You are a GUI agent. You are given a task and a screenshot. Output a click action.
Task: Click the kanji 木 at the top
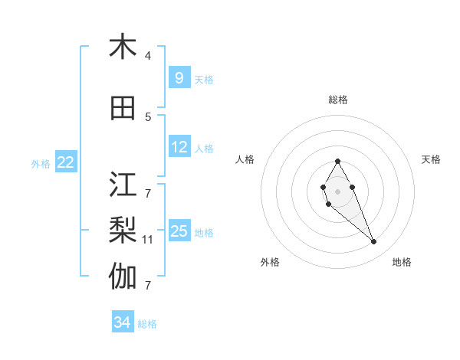[123, 47]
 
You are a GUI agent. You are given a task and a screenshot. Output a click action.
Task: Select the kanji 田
[123, 109]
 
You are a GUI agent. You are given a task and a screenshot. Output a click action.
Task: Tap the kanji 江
[123, 185]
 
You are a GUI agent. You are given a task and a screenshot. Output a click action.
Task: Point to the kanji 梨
[123, 230]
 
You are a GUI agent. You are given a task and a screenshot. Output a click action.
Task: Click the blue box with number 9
[179, 77]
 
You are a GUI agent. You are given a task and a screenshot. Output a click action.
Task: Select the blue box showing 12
[179, 147]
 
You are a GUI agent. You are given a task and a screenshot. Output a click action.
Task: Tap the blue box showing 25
[179, 231]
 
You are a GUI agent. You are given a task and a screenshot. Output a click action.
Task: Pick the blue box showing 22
[66, 162]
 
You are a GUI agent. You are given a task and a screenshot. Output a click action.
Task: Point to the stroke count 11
[148, 240]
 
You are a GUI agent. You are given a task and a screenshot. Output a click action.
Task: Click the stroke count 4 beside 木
[148, 56]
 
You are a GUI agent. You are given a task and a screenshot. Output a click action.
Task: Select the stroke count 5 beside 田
[148, 117]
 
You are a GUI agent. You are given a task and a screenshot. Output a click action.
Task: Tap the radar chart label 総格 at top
[337, 100]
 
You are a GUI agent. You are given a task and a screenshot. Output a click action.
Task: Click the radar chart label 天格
[431, 159]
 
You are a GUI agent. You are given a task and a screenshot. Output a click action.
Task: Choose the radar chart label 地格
[402, 262]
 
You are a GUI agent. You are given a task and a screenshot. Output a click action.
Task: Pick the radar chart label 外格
[270, 262]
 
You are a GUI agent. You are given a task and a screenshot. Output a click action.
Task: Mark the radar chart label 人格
[245, 159]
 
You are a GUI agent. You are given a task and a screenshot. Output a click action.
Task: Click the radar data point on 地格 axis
[374, 242]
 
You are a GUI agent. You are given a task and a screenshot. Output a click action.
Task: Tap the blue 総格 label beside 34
[147, 324]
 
